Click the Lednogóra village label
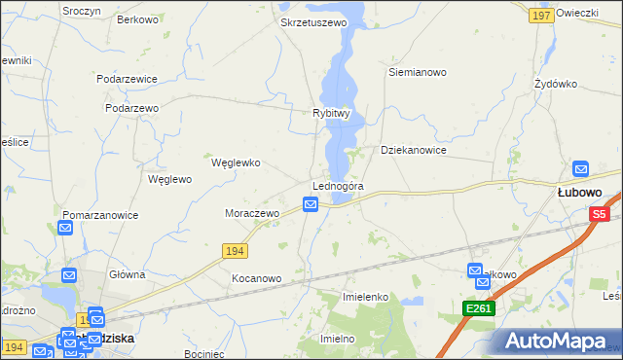[x=338, y=186]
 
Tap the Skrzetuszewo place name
[x=313, y=21]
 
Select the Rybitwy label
[x=331, y=113]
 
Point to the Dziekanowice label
[x=414, y=151]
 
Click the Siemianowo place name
[x=417, y=72]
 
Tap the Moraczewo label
[x=252, y=212]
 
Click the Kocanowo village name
[x=256, y=278]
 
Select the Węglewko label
[x=236, y=163]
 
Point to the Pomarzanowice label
[x=100, y=215]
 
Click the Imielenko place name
[x=366, y=296]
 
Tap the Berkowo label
[x=137, y=19]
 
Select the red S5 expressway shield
[x=599, y=214]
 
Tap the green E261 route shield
[x=479, y=308]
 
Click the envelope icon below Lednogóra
[x=310, y=204]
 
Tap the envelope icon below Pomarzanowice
[x=65, y=229]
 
